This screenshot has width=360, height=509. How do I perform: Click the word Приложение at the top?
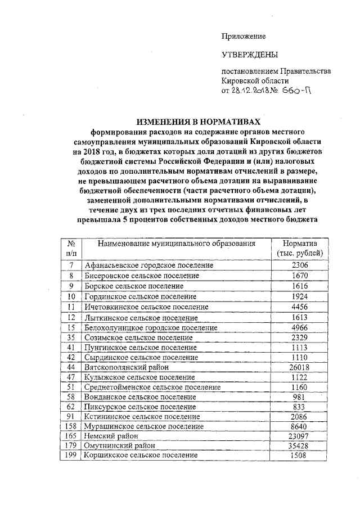243,36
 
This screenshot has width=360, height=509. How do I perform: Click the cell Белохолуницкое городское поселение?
151,327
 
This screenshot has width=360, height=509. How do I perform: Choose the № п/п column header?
71,249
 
